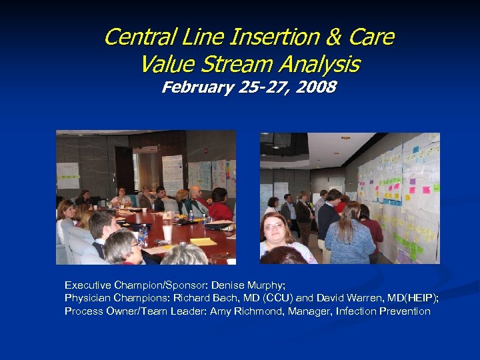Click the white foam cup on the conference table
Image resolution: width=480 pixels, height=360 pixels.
pyautogui.click(x=167, y=233)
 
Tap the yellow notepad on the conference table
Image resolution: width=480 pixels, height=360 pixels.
pyautogui.click(x=204, y=241)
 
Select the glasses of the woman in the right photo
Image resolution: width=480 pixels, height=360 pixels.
pyautogui.click(x=274, y=227)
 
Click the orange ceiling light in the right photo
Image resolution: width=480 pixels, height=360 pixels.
pyautogui.click(x=345, y=137)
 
